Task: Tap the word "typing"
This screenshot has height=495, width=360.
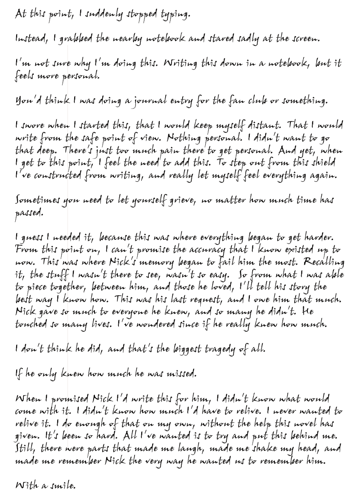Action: click(x=176, y=15)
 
